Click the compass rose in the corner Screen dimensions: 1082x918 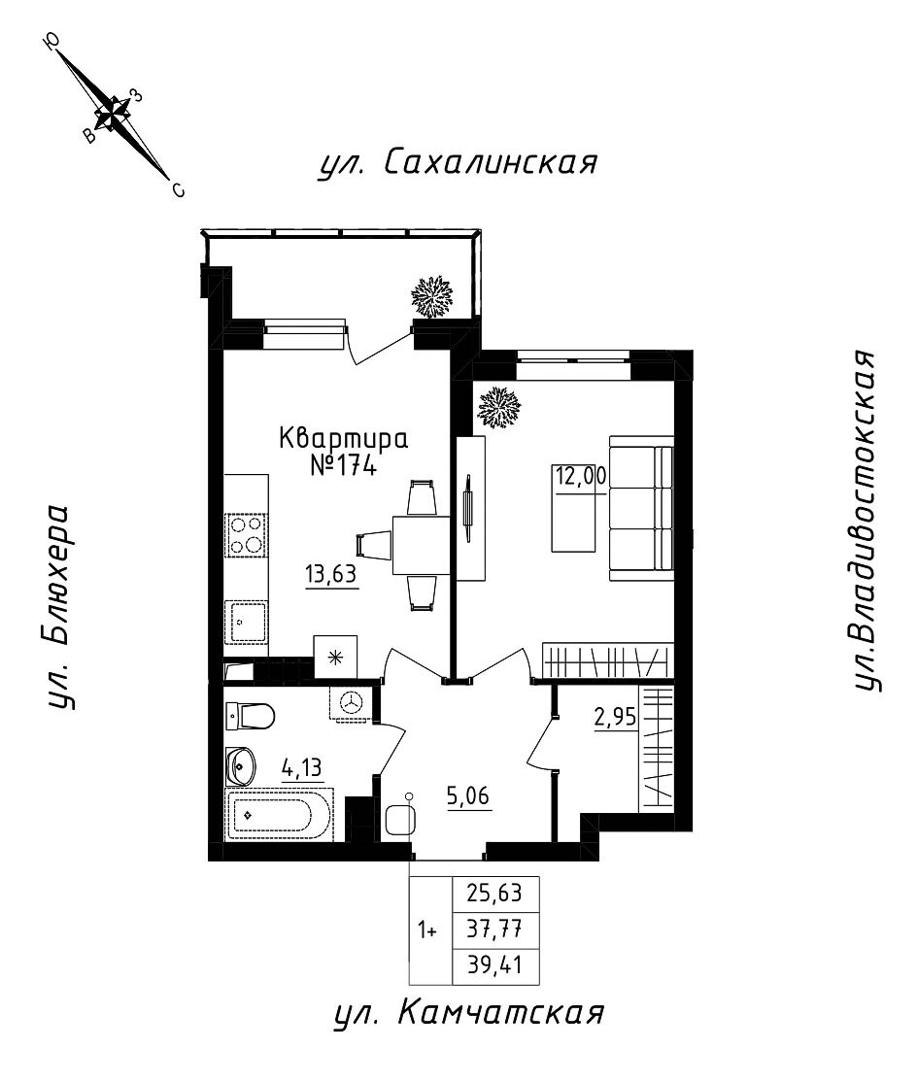coord(115,113)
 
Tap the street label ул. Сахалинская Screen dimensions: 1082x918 coord(457,163)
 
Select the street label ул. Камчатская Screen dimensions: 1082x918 coord(468,1015)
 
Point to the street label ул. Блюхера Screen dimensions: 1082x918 coord(60,606)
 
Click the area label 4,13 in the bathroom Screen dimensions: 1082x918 coord(302,767)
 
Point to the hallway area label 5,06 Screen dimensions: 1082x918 coord(468,798)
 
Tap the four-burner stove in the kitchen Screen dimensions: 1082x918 coord(246,535)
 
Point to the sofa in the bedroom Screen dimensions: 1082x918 coord(641,509)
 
